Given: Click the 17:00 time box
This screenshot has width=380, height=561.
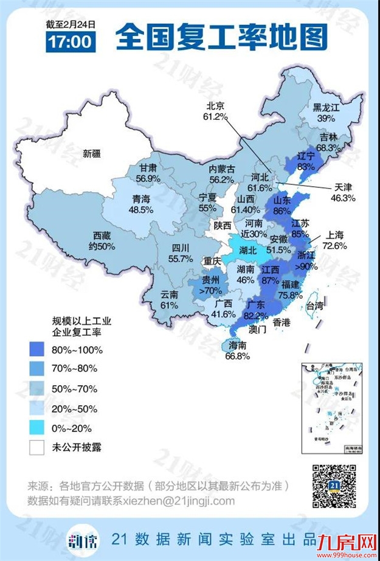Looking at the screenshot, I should [x=71, y=41].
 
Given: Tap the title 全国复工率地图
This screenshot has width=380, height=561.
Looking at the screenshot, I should [x=221, y=38].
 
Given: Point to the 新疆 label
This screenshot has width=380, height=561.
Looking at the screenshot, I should [x=94, y=154].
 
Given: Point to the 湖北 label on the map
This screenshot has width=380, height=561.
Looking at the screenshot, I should [x=248, y=250].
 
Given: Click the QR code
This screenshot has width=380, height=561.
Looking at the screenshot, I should [x=334, y=486].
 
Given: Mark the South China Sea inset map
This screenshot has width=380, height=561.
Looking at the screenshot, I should [x=332, y=406].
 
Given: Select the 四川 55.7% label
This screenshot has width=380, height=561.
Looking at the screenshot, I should [x=179, y=253].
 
